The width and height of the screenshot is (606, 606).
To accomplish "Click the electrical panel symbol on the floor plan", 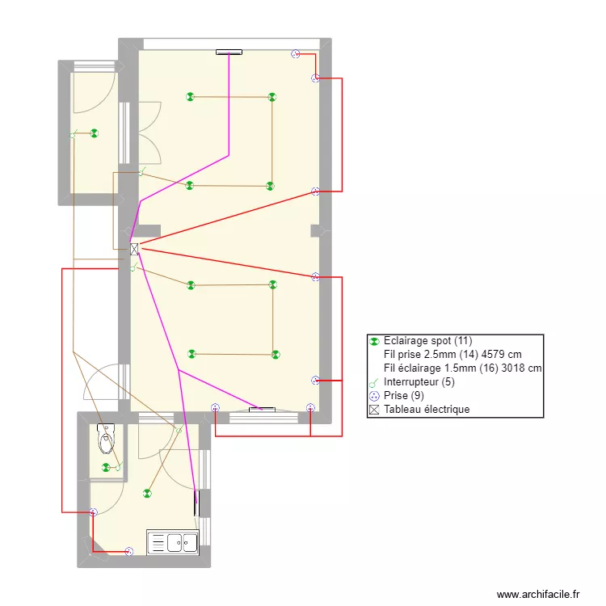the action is coord(134,250).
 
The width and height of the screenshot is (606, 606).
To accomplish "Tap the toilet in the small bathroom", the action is coord(106,438).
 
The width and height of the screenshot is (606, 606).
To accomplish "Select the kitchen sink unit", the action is coord(173,542).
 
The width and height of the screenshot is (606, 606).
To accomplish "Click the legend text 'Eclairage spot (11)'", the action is coord(427,341).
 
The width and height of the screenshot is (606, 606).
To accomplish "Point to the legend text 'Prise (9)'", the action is coord(403,396).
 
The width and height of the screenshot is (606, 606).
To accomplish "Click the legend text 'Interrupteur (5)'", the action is coord(419,382).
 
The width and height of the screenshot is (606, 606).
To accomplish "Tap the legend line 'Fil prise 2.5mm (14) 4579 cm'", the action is coord(452,355).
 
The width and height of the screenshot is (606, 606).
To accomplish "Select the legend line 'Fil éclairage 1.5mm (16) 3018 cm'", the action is coord(463,368).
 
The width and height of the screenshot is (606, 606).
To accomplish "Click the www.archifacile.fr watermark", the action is coord(538,594).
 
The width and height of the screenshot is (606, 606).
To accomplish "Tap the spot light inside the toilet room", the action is coord(106,468).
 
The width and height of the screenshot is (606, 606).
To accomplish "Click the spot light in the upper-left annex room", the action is coord(95,133).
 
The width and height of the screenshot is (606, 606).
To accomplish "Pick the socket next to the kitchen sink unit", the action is coord(129,552).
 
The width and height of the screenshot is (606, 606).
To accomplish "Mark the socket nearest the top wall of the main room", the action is coord(295,54).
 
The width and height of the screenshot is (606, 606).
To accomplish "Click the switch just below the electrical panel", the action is coord(133,267).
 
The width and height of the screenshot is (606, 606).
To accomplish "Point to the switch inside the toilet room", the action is coord(119,466).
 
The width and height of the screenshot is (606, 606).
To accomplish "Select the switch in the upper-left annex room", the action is coord(73,134).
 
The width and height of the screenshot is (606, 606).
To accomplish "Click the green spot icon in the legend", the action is coord(374,342).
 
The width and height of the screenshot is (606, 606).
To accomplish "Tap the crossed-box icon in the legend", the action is coord(374,410).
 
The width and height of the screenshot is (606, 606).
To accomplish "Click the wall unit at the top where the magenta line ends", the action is coord(229,53).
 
